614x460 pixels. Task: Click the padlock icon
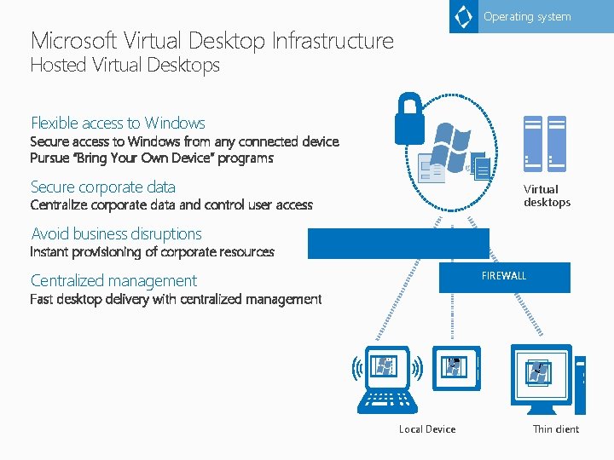[409, 118]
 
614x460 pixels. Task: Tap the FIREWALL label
[504, 276]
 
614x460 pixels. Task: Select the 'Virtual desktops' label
[547, 196]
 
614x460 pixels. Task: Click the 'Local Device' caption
[427, 429]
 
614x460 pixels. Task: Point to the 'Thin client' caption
[556, 429]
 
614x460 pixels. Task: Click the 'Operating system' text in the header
[527, 17]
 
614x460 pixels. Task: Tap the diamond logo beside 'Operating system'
[464, 16]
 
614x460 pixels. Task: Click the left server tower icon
[533, 141]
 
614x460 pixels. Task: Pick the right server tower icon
[557, 141]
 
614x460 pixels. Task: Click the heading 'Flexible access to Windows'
[118, 124]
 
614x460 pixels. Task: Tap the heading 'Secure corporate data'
[103, 187]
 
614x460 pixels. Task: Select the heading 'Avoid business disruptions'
[116, 234]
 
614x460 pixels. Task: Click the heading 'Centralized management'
[113, 281]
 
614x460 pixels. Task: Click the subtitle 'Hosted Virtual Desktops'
[125, 66]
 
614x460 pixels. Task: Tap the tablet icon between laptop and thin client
[455, 366]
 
